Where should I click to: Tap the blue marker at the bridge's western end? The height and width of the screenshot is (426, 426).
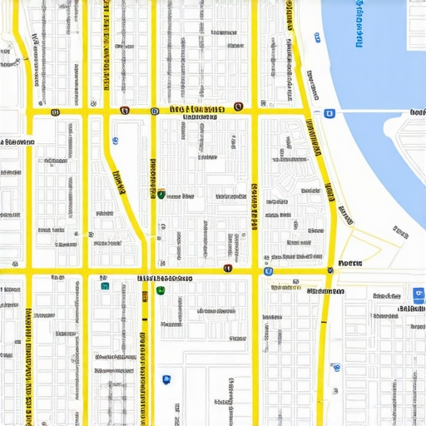(x=329, y=112)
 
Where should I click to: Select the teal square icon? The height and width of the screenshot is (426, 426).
(x=105, y=285)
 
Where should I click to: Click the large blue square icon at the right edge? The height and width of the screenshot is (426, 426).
(x=418, y=294)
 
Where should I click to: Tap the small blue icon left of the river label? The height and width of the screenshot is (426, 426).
(x=317, y=37)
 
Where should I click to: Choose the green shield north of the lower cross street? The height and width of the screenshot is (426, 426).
(x=161, y=195)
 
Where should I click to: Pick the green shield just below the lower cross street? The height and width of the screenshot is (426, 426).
(x=161, y=290)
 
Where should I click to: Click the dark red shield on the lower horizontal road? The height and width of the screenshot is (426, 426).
(x=228, y=269)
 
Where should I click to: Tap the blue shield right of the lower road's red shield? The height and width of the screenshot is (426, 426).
(x=267, y=271)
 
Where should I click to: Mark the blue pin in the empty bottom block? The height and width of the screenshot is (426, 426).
(x=167, y=379)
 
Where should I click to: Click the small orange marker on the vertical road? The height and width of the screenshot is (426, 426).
(x=145, y=295)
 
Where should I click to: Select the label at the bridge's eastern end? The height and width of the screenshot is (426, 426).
(x=417, y=111)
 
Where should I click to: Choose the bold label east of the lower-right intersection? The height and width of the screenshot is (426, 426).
(x=349, y=264)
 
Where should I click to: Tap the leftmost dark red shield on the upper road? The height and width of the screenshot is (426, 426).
(x=55, y=111)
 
